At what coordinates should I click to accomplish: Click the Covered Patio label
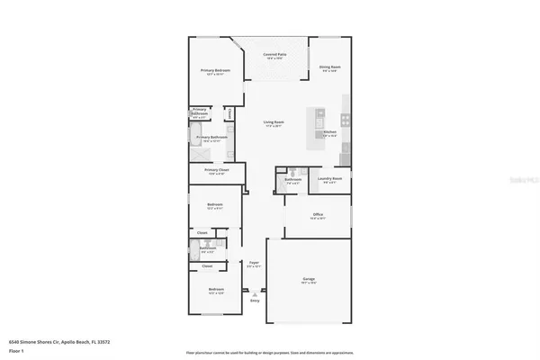coord(274,55)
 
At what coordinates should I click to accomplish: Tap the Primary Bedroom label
coord(215,71)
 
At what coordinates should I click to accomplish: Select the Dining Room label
coord(329,67)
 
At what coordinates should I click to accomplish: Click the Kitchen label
coord(329,132)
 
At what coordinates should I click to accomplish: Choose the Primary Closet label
coord(217,171)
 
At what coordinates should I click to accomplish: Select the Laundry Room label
coord(329,179)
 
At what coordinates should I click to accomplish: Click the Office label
coord(318,215)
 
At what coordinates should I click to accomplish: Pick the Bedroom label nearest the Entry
coord(214,291)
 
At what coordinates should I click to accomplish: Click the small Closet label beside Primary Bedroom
coord(230,113)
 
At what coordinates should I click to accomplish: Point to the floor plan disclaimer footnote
coord(270,352)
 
